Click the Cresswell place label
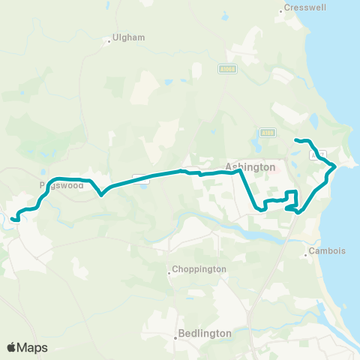tap(303, 10)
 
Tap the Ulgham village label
tap(128, 37)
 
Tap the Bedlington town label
tap(205, 333)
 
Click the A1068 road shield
tap(229, 69)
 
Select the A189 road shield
tap(269, 132)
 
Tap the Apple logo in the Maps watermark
tap(12, 347)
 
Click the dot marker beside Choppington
tap(169, 273)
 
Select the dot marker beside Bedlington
tap(175, 337)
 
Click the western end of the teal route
tap(13, 219)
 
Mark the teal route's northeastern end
tap(295, 140)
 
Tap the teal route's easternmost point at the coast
tap(334, 167)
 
